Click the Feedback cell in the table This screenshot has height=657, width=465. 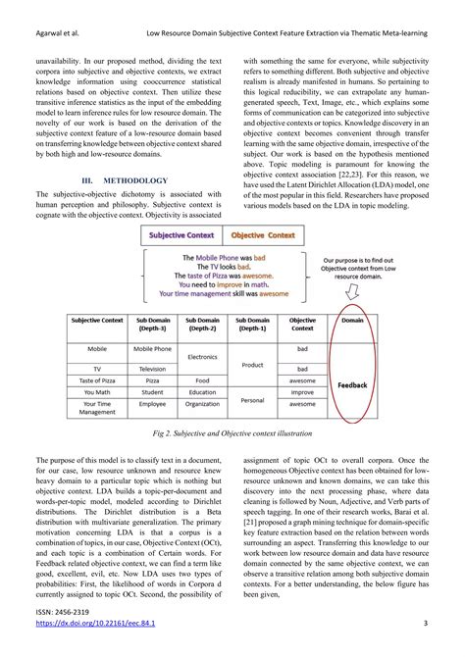tap(353, 385)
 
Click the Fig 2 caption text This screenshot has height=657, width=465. tap(232, 432)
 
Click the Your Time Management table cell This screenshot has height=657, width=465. tap(97, 408)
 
